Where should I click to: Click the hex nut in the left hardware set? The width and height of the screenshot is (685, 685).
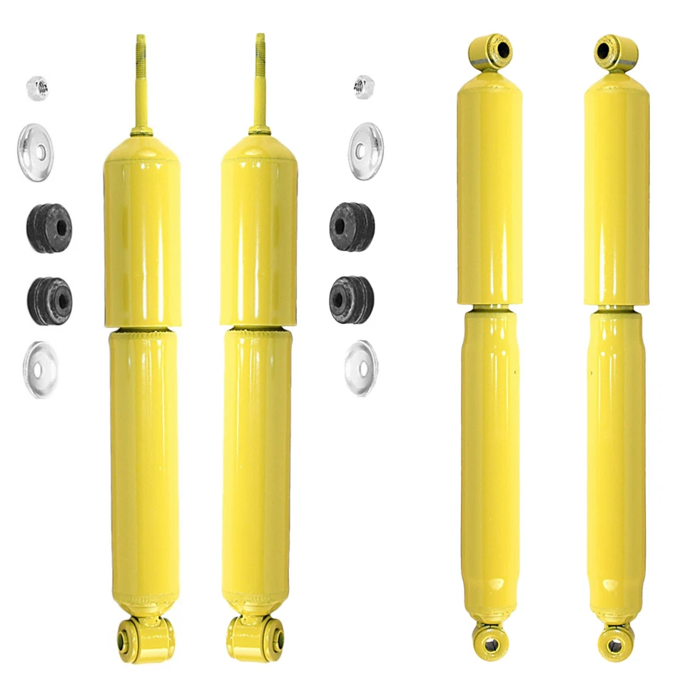click(37, 88)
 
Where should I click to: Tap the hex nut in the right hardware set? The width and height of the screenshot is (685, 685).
click(364, 87)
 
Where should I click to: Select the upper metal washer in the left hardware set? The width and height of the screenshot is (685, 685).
click(35, 152)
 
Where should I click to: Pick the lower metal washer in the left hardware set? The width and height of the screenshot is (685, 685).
click(41, 369)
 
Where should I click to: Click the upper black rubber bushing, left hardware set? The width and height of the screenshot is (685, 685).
click(49, 228)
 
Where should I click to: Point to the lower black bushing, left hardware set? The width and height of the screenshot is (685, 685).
click(49, 300)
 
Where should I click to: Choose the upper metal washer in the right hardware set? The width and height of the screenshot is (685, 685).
click(365, 151)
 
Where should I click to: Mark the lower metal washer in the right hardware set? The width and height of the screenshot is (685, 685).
click(361, 367)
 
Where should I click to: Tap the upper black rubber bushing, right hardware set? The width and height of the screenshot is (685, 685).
click(352, 227)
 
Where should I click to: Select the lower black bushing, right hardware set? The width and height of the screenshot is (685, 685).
click(351, 299)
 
